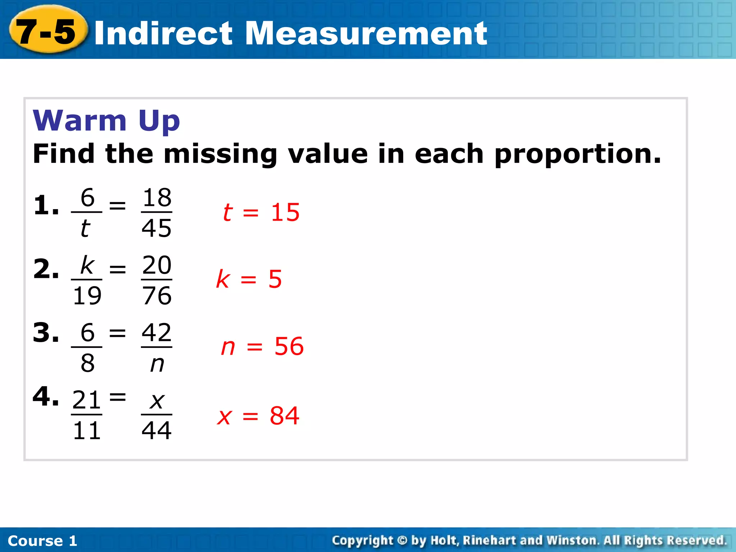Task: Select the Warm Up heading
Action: [106, 120]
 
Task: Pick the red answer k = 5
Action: [249, 279]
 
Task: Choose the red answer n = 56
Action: [262, 347]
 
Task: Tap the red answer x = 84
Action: [258, 416]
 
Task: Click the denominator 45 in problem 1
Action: [156, 228]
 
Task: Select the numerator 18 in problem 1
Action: [157, 198]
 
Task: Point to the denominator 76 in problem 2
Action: [157, 296]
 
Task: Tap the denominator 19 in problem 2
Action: [87, 296]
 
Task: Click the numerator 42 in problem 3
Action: [157, 332]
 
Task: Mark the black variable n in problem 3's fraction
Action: [157, 364]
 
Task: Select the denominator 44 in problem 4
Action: [157, 431]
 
